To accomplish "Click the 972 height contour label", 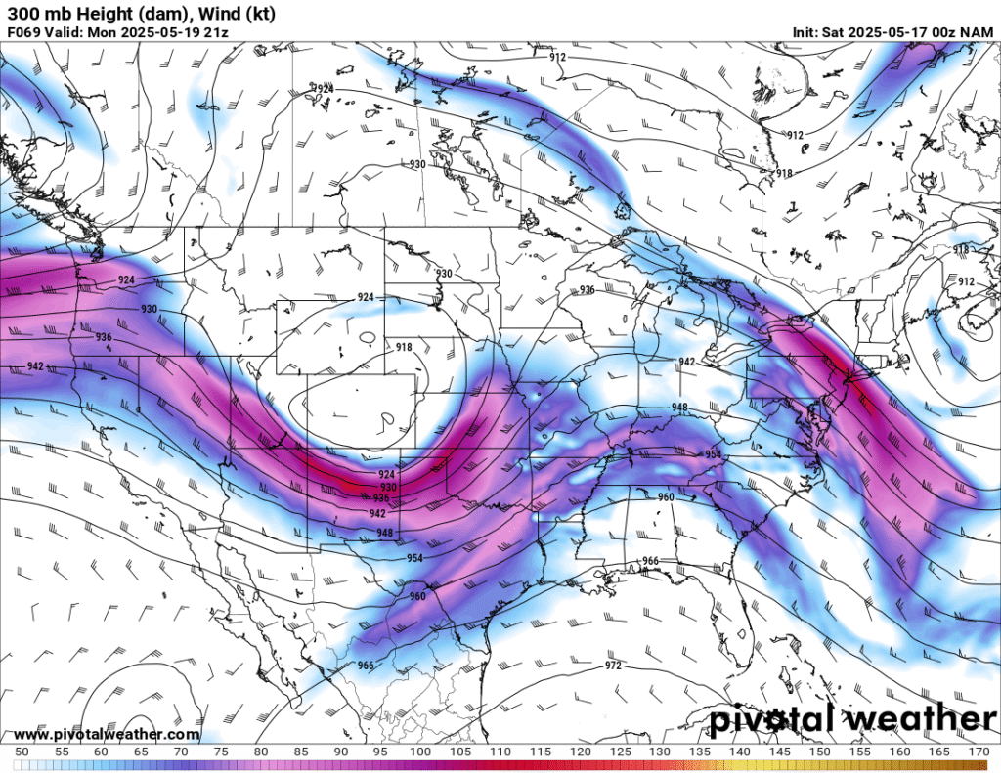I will [613, 666].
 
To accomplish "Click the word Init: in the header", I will [808, 31].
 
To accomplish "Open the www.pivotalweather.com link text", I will [107, 735].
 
